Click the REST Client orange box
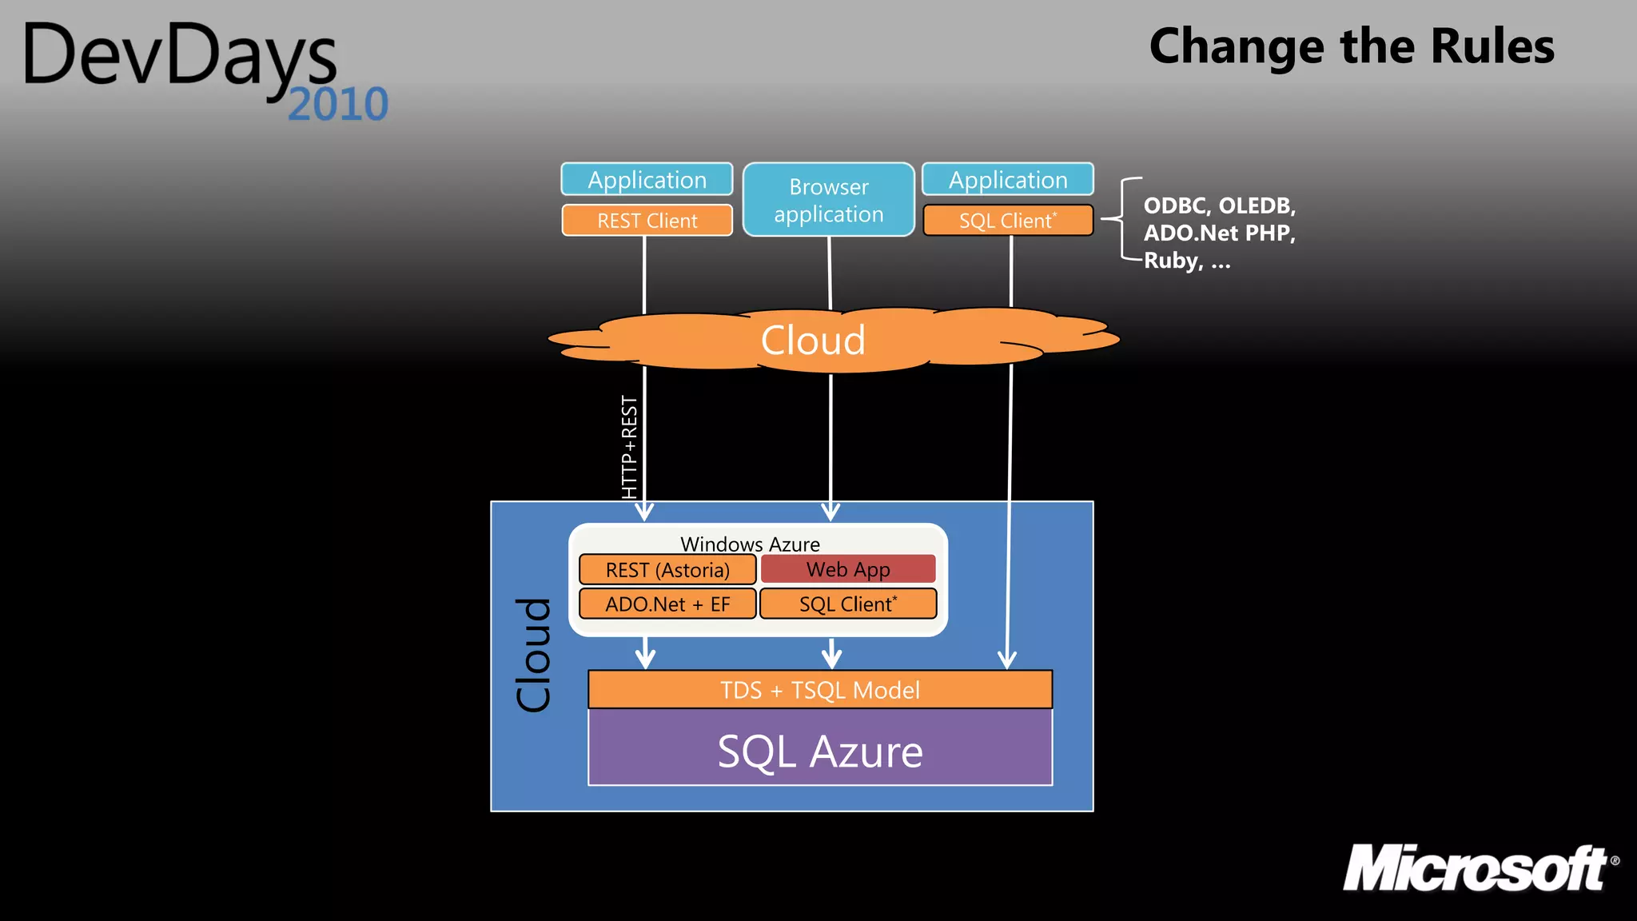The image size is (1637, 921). click(x=647, y=221)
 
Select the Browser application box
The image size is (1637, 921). click(x=828, y=200)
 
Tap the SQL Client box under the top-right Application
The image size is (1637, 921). click(x=1007, y=221)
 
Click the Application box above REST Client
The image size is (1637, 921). click(x=647, y=179)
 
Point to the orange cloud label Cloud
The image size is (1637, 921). click(x=813, y=341)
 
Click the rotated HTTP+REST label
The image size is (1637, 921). click(x=630, y=448)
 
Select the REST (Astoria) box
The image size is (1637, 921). click(x=667, y=570)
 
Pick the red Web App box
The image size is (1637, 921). click(x=847, y=569)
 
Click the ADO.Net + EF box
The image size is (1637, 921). click(x=667, y=604)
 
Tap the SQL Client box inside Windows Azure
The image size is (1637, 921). click(x=847, y=604)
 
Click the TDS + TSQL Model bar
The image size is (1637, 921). click(x=819, y=690)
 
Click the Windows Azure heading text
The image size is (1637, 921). click(x=750, y=544)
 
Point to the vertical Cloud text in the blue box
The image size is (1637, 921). click(x=533, y=655)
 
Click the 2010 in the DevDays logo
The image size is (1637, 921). click(x=338, y=105)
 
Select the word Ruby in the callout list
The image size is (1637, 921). click(x=1172, y=261)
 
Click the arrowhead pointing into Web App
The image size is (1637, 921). click(x=830, y=512)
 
